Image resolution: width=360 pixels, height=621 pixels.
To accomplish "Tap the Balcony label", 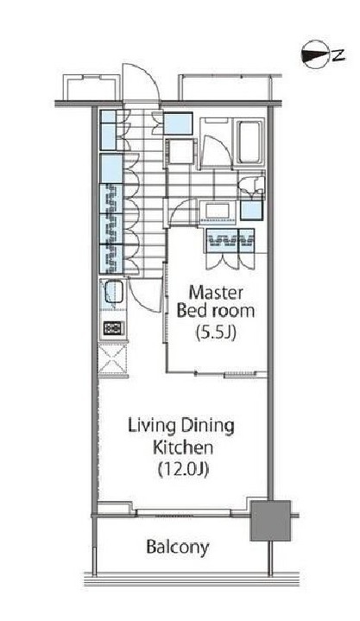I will (x=177, y=546).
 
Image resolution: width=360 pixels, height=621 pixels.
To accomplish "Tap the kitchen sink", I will (x=113, y=295).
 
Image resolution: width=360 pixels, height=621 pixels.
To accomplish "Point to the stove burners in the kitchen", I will (x=113, y=328).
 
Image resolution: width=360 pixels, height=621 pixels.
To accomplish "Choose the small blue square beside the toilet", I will (x=251, y=208).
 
